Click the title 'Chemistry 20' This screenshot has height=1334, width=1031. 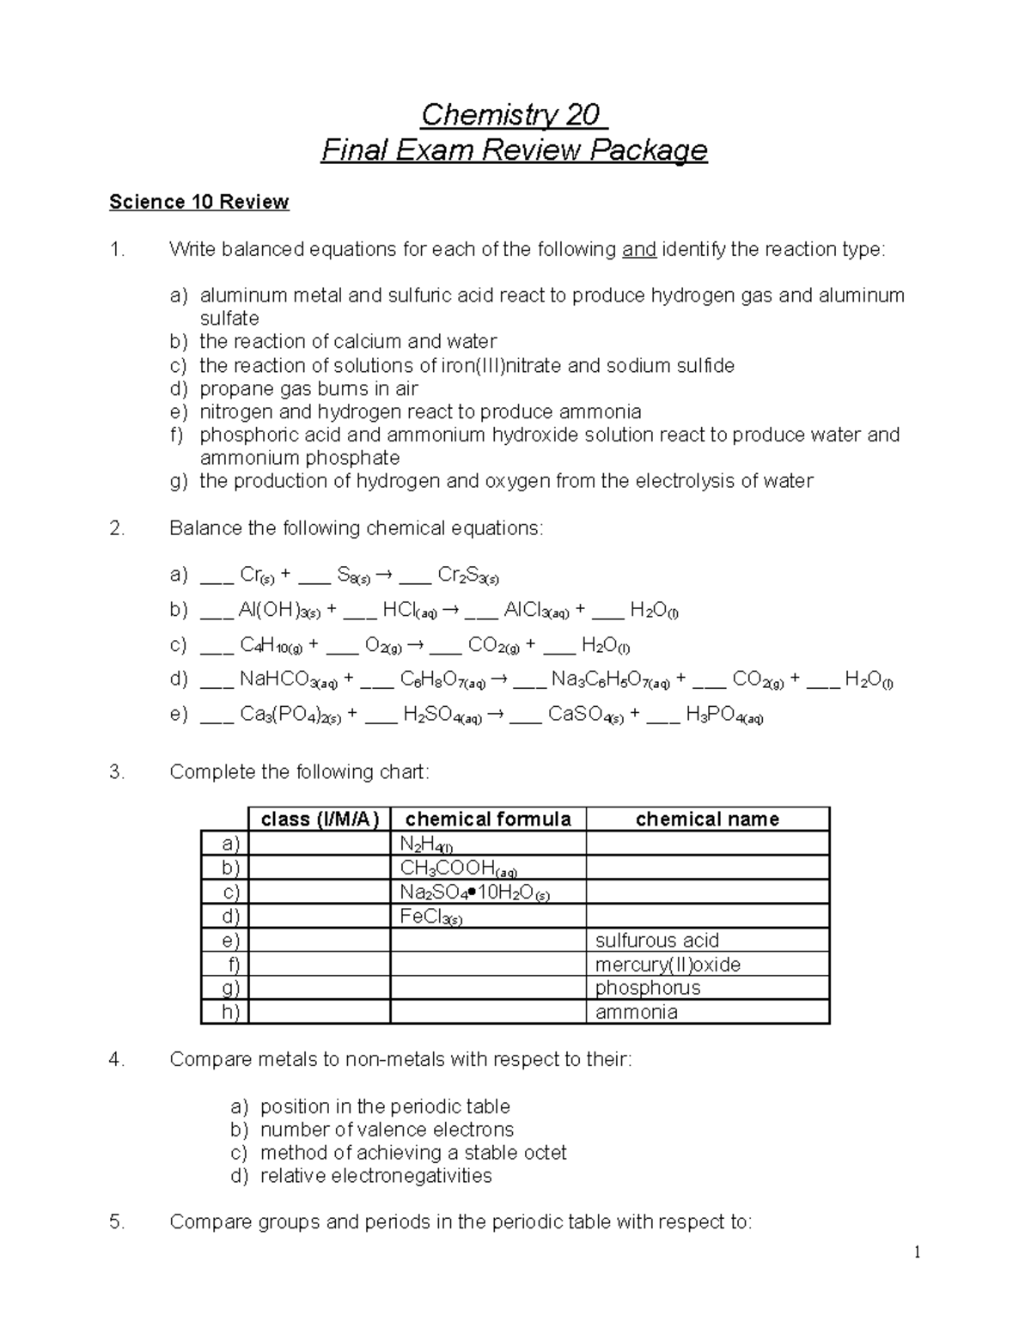513,114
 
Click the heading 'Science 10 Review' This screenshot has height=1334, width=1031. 198,202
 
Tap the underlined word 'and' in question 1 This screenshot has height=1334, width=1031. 638,250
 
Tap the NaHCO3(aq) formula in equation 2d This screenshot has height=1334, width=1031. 288,680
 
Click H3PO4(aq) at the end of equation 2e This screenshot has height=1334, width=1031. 724,716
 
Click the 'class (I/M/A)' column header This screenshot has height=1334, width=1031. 319,819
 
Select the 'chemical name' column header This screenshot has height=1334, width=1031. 707,819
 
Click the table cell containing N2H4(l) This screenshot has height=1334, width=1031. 488,844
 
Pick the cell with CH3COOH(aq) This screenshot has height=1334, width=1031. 488,868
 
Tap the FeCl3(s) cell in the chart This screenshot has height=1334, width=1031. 488,917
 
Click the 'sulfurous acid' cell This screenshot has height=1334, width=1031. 707,941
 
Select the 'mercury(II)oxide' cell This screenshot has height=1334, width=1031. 707,965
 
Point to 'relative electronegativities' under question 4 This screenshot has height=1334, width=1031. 375,1176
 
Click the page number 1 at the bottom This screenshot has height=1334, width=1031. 917,1252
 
